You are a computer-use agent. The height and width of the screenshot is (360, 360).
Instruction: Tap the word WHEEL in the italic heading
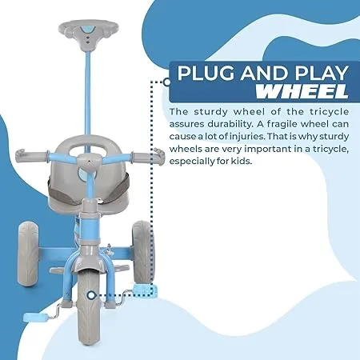(302, 91)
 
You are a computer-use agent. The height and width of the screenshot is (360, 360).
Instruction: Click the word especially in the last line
(189, 162)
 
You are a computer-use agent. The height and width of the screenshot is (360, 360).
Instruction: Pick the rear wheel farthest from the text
(28, 254)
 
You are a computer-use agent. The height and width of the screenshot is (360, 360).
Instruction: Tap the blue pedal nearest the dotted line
(145, 290)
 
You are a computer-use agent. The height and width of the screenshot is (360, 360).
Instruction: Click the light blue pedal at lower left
(35, 318)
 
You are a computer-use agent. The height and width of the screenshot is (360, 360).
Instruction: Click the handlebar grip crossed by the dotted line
(156, 156)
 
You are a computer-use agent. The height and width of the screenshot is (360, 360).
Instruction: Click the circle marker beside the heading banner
(167, 82)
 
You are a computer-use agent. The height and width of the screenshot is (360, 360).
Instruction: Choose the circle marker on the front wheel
(91, 295)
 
